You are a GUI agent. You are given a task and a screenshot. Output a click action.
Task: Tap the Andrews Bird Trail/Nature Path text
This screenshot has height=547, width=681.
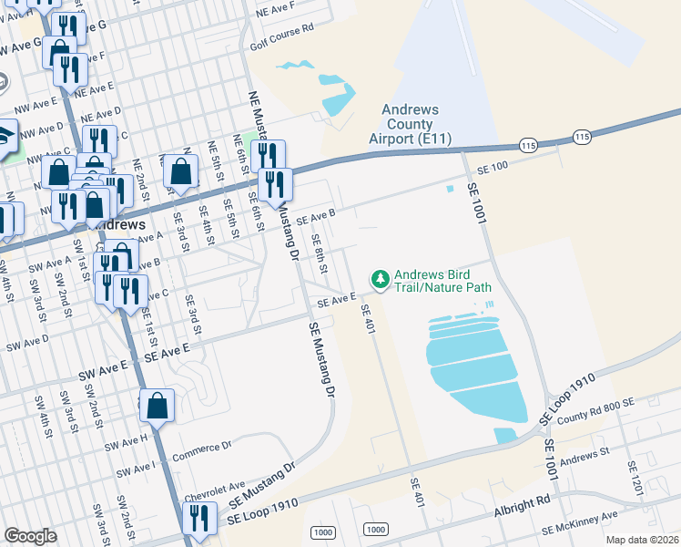tap(443, 280)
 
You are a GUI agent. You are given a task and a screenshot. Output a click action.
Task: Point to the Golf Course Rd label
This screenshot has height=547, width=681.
tap(281, 27)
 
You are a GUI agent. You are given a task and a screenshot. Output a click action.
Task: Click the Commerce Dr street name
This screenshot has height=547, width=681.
tap(204, 447)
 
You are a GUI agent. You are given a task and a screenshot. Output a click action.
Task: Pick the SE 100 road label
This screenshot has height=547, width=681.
tap(493, 164)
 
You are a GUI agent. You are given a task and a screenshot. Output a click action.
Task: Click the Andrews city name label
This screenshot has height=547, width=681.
tap(115, 224)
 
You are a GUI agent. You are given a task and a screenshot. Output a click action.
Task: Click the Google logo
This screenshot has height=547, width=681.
tap(30, 536)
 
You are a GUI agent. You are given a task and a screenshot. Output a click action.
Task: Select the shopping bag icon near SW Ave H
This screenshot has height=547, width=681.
tap(157, 405)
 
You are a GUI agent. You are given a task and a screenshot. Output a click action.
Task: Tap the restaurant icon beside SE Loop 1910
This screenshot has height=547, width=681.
tap(198, 517)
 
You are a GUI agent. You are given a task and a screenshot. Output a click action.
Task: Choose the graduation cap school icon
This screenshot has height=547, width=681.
tap(5, 136)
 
